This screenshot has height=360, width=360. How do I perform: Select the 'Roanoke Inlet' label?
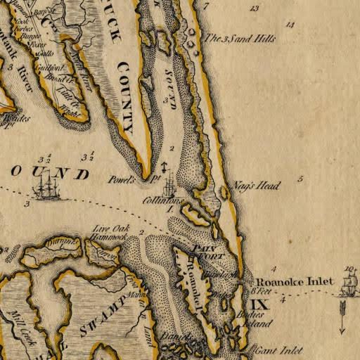click(294, 282)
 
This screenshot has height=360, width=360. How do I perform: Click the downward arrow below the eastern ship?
click(342, 316)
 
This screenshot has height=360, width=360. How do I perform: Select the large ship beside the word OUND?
click(47, 188)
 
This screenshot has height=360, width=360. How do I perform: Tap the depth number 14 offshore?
click(290, 25)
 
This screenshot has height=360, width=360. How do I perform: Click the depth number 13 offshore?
click(254, 8)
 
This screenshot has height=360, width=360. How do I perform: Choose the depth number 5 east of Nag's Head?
click(300, 179)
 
